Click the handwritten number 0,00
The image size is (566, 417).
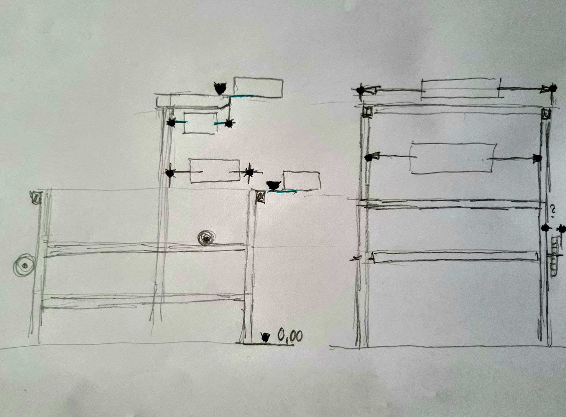click(290, 336)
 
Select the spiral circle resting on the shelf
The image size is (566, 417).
click(207, 238)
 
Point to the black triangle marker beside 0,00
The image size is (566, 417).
click(265, 337)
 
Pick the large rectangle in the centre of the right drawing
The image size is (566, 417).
click(453, 158)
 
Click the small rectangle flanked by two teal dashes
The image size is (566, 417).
click(200, 123)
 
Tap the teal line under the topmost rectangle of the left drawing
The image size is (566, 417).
click(242, 96)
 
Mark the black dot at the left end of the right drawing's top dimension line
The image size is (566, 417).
click(360, 90)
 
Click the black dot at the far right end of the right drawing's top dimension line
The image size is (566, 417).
click(553, 88)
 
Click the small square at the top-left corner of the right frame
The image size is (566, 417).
click(367, 112)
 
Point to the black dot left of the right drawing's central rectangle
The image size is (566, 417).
click(368, 158)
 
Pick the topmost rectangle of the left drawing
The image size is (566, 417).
click(258, 88)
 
